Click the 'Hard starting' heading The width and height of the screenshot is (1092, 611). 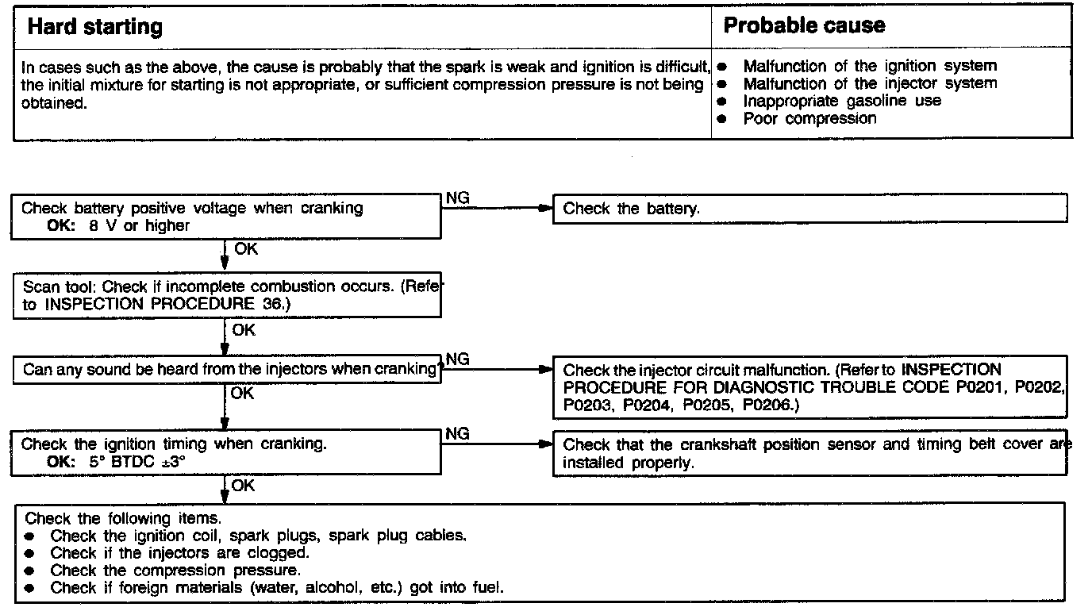pyautogui.click(x=94, y=27)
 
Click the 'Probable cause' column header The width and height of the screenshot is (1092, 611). pyautogui.click(x=803, y=25)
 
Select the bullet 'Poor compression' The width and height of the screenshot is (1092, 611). pyautogui.click(x=809, y=119)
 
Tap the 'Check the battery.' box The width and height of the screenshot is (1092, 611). pyautogui.click(x=631, y=209)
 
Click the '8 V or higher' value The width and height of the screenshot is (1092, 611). pyautogui.click(x=140, y=225)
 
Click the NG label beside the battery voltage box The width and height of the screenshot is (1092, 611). pyautogui.click(x=458, y=198)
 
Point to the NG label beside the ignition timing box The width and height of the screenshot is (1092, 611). pyautogui.click(x=458, y=434)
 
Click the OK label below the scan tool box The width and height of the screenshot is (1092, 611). pyautogui.click(x=244, y=331)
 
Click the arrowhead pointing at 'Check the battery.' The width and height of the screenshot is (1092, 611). pyautogui.click(x=544, y=209)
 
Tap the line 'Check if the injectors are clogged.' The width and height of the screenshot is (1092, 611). pyautogui.click(x=179, y=553)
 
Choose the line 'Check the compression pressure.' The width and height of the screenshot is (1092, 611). pyautogui.click(x=175, y=571)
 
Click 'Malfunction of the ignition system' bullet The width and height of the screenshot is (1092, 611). pyautogui.click(x=869, y=67)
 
